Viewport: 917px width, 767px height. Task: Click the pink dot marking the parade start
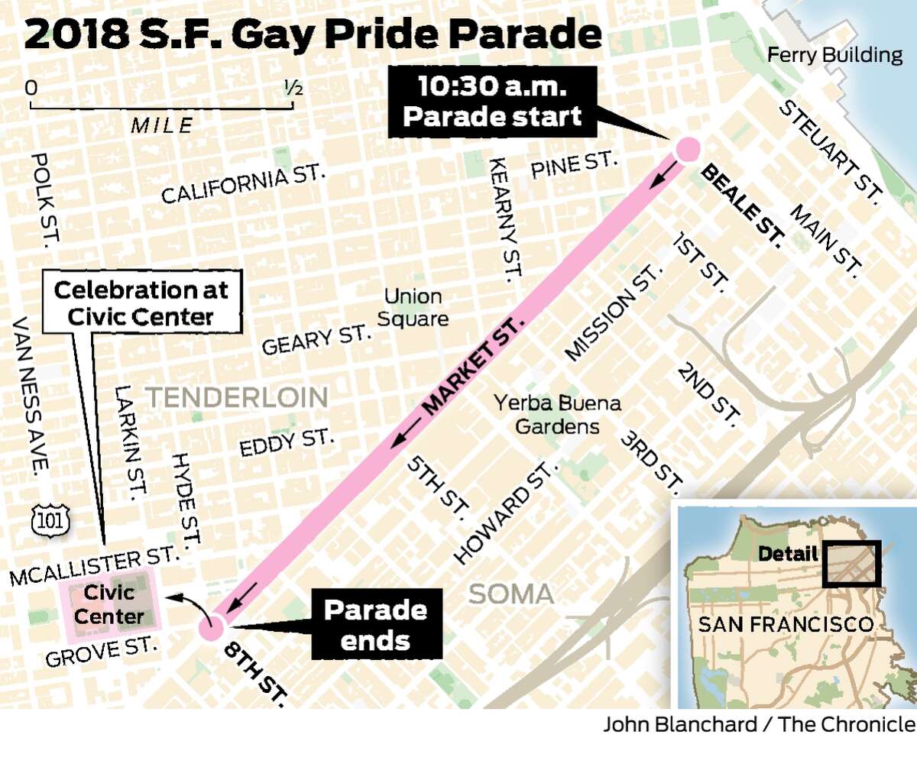[685, 150]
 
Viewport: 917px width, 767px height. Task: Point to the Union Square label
[413, 307]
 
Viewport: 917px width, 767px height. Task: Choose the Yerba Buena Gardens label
[556, 414]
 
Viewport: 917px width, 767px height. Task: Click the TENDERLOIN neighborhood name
[237, 396]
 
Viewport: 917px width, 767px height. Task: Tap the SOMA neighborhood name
[511, 594]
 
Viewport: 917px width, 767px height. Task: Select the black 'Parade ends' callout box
[375, 624]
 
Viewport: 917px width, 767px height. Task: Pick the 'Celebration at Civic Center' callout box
[140, 303]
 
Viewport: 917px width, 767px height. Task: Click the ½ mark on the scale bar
[293, 88]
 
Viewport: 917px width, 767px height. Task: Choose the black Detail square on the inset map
[851, 564]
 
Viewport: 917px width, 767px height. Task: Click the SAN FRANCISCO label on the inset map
[786, 623]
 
